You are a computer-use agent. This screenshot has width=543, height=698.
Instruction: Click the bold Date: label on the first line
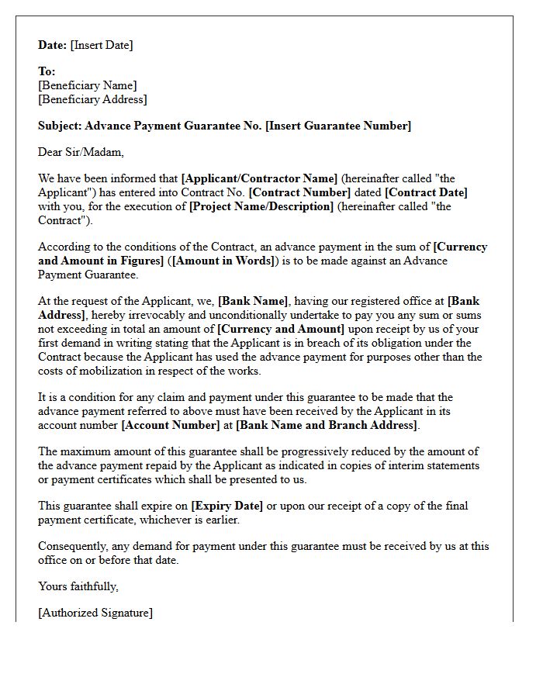point(53,45)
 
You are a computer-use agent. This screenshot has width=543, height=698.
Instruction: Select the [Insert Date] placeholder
point(102,45)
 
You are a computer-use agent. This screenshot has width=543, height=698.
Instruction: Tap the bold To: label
point(47,71)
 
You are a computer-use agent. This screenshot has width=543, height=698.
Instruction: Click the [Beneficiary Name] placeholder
point(87,85)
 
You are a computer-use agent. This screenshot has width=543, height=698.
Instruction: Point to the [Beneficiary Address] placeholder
point(92,99)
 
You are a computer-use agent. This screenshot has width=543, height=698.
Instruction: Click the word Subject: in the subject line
point(60,126)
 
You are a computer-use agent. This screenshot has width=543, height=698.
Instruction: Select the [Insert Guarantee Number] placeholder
point(338,126)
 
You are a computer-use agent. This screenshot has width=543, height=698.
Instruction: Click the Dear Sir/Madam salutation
point(81,152)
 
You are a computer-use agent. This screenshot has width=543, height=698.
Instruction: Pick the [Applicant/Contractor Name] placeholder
point(259,178)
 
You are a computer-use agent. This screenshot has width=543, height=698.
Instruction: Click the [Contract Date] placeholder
point(426,192)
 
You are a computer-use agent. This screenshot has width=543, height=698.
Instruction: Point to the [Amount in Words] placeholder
point(223,261)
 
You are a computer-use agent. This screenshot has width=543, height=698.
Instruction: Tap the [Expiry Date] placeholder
point(227,506)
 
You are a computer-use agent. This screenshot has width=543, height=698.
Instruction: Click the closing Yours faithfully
point(78,586)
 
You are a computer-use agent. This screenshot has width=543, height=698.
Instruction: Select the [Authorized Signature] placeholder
point(95,613)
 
